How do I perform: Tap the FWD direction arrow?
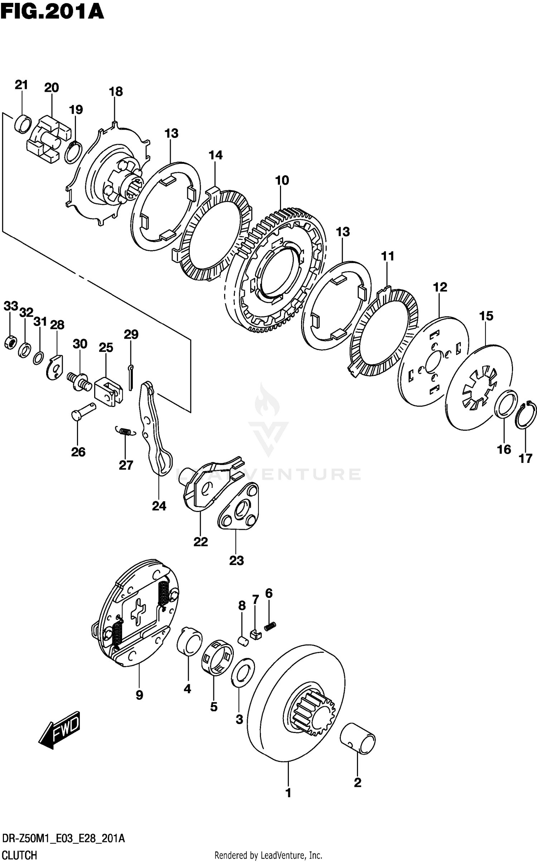59,729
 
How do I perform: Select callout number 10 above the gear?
282,180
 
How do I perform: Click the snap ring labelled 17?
526,416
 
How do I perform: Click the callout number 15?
486,316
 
